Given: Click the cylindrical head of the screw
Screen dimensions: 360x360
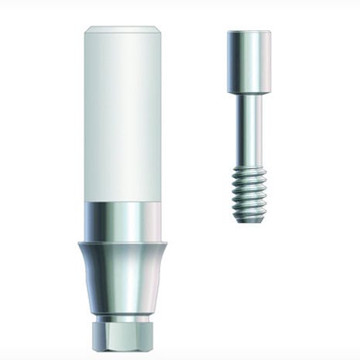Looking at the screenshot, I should (x=249, y=59).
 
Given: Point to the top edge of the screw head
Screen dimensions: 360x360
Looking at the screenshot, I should (x=249, y=32).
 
